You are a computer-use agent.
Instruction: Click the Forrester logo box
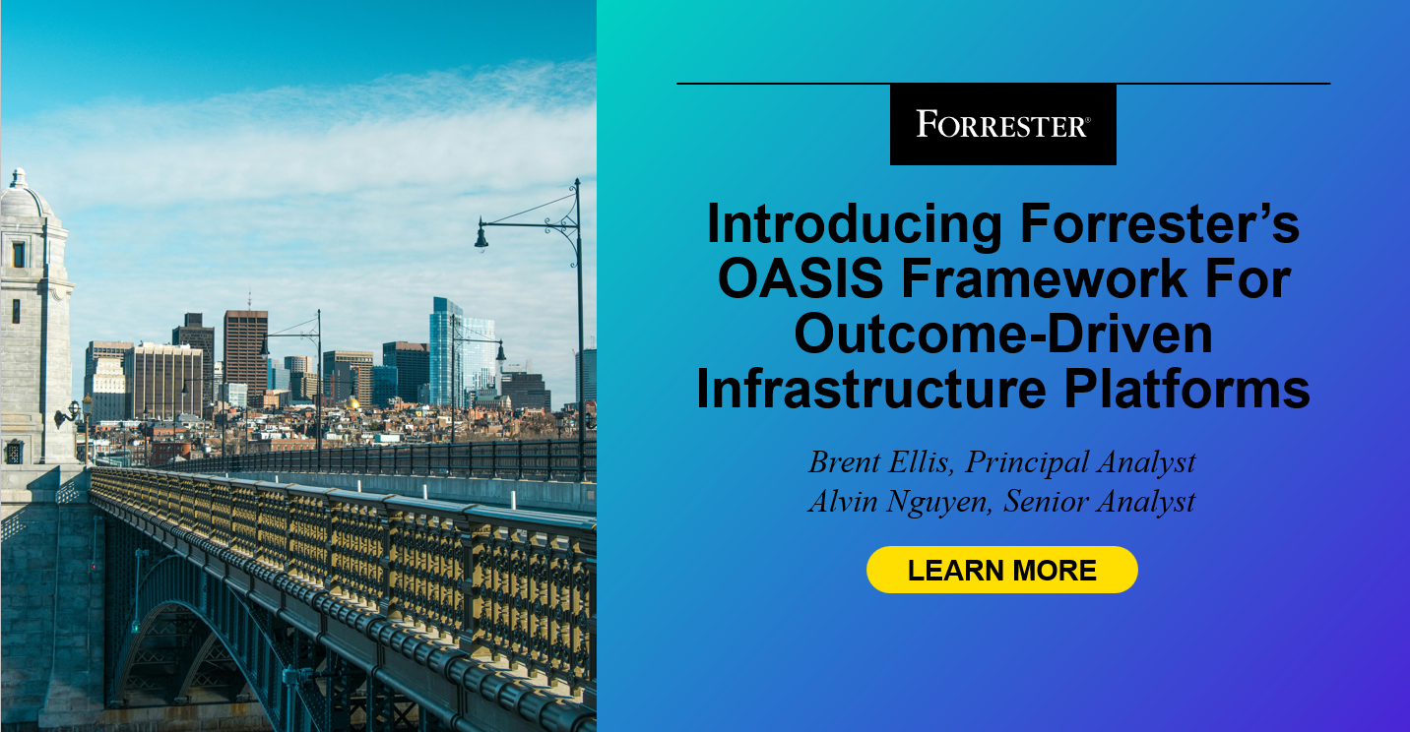click(1002, 124)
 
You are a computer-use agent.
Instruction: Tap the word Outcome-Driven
click(1002, 335)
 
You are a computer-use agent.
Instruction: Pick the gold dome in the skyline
click(353, 403)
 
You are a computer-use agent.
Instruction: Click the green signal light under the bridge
click(135, 626)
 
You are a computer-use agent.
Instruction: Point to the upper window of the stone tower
click(18, 255)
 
